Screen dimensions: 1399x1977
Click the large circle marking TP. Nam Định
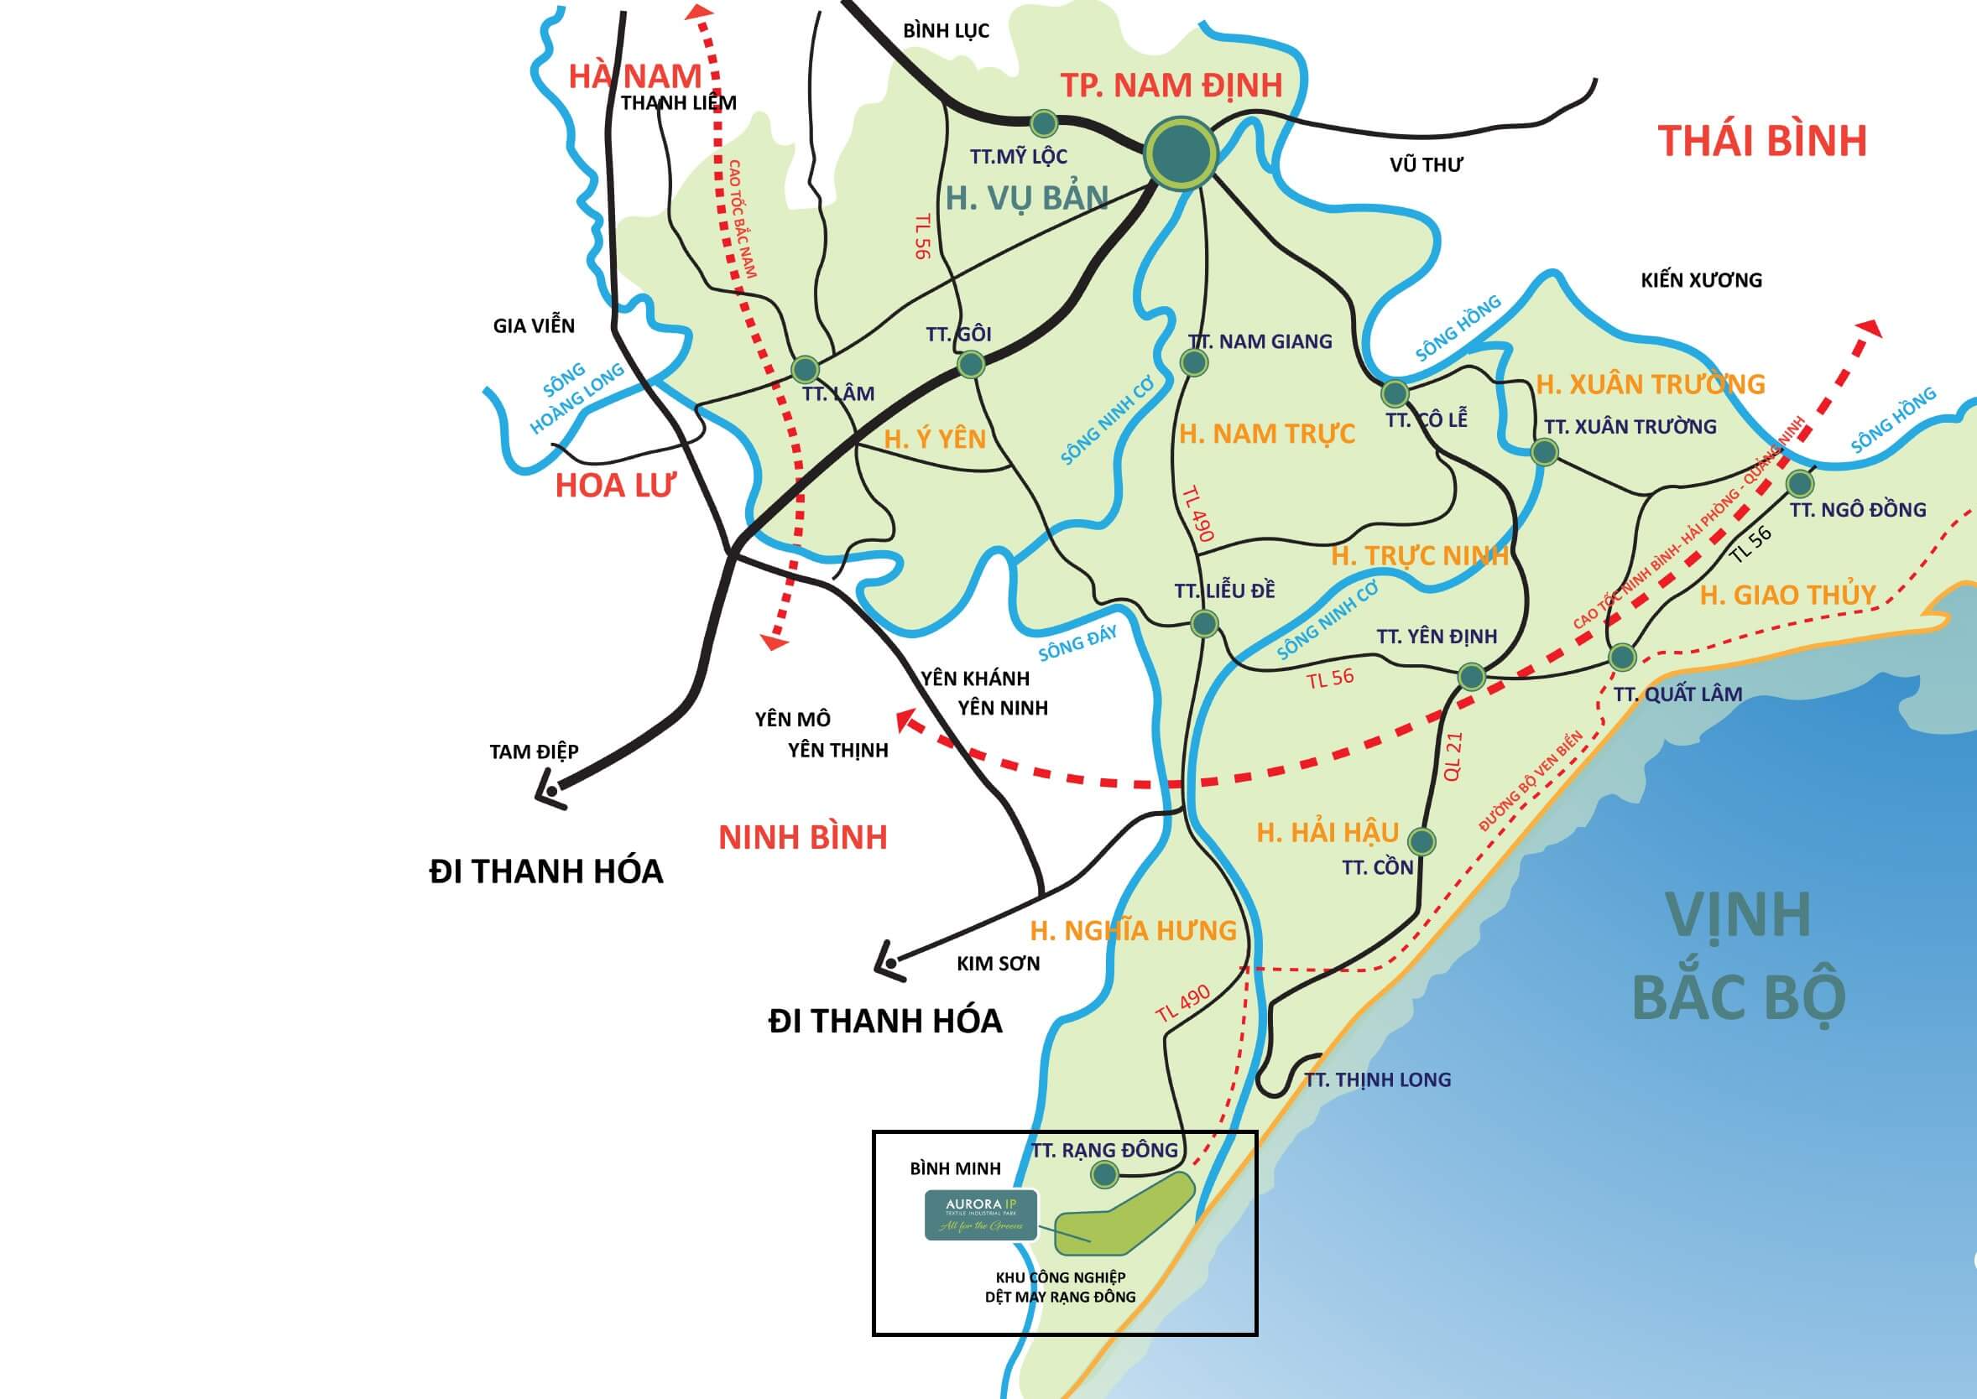[1181, 154]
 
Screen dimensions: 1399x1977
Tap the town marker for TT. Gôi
[970, 364]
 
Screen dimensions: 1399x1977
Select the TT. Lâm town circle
[805, 370]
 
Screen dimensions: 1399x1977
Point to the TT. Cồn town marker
[1421, 840]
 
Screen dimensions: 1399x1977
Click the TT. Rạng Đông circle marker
[1104, 1173]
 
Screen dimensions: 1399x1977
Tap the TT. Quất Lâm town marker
[1623, 658]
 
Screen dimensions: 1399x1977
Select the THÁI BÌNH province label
[1762, 140]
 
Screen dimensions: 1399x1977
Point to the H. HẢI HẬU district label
[1328, 832]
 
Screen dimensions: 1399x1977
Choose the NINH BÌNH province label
[802, 837]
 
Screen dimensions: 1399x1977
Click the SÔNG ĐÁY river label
[1077, 642]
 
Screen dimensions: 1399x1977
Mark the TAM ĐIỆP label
[534, 752]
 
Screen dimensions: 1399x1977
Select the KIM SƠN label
[998, 963]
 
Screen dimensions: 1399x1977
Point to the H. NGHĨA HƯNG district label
[1134, 930]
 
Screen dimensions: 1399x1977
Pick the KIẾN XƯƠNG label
[1700, 280]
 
